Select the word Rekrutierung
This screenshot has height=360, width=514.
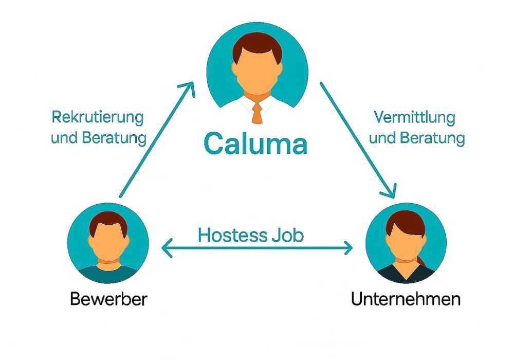[97, 117]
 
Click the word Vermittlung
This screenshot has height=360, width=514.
[414, 117]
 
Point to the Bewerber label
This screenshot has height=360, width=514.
[108, 299]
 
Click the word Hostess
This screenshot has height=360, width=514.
[231, 236]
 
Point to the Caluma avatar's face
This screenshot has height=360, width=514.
[257, 72]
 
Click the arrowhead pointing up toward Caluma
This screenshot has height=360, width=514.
[190, 87]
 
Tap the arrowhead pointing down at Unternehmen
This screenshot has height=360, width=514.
[390, 191]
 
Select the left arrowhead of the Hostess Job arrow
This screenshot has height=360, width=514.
[166, 249]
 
